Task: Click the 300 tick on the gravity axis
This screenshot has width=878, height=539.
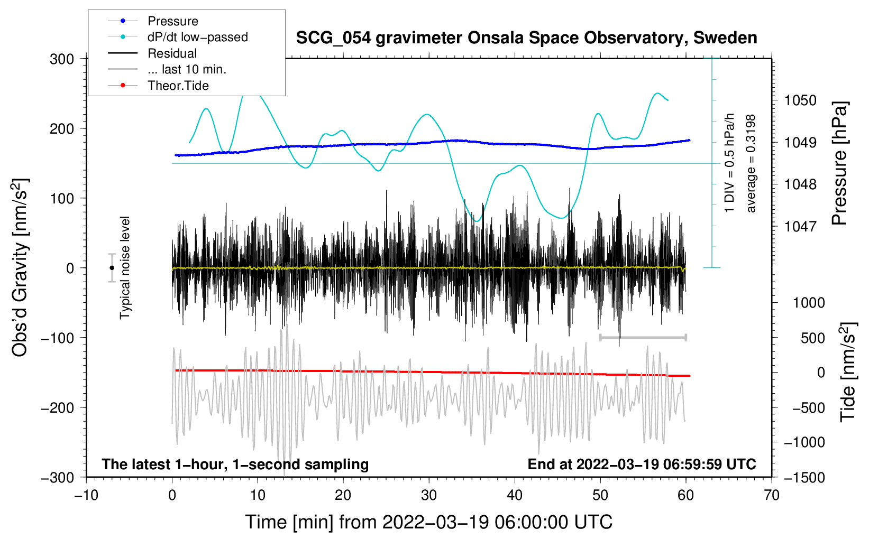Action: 62,59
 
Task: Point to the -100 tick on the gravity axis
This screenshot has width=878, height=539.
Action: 58,338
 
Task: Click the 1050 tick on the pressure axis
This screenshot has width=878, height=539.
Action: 800,101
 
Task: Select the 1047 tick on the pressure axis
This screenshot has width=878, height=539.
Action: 800,226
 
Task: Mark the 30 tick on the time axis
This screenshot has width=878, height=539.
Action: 429,496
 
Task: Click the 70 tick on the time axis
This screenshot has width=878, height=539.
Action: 771,496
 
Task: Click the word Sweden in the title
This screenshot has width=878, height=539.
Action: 725,38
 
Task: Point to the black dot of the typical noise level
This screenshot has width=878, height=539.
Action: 112,268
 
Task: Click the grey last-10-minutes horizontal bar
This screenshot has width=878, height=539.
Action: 643,337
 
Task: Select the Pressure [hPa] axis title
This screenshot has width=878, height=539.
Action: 839,163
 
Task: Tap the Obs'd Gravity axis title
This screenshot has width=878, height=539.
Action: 20,268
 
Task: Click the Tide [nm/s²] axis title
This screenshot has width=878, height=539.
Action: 848,373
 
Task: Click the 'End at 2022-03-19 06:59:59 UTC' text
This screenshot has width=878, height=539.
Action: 642,464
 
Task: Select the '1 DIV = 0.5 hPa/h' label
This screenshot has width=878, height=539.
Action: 729,163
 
